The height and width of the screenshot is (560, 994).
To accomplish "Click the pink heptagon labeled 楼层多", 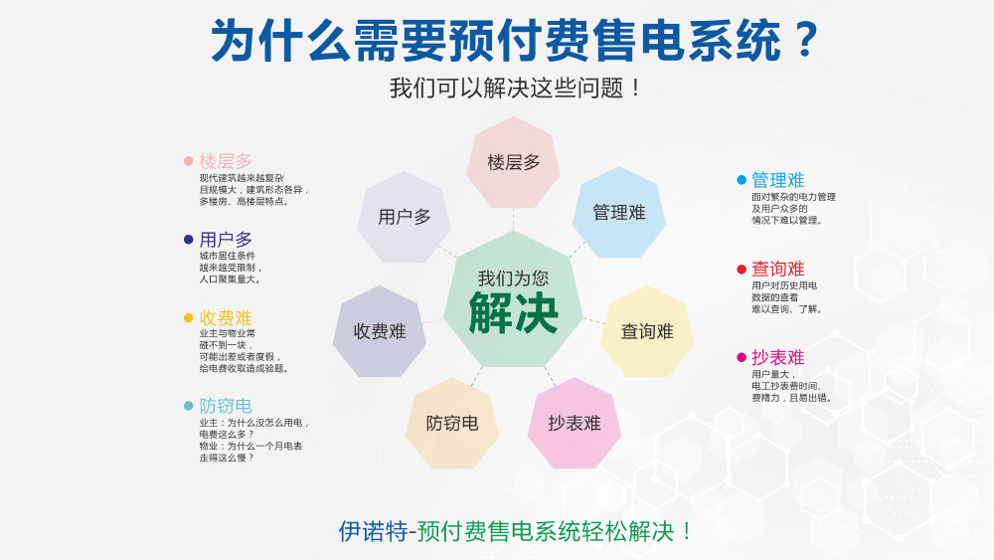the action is pyautogui.click(x=514, y=162).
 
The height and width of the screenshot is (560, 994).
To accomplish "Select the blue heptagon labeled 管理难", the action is pyautogui.click(x=618, y=213).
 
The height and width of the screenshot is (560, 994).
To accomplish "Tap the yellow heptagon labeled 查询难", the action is pyautogui.click(x=647, y=331).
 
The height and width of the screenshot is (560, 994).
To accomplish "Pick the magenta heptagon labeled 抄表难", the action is pyautogui.click(x=575, y=423).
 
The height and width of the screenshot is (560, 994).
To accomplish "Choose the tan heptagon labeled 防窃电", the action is pyautogui.click(x=452, y=423).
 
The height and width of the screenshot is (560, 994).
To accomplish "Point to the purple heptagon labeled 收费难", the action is pyautogui.click(x=380, y=331).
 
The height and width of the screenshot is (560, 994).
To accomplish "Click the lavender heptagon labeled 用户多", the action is pyautogui.click(x=404, y=217).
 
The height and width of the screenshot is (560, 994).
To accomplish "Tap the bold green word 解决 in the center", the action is pyautogui.click(x=514, y=312).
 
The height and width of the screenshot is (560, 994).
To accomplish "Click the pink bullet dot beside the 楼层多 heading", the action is pyautogui.click(x=188, y=161).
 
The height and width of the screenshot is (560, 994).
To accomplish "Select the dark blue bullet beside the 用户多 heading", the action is pyautogui.click(x=188, y=240).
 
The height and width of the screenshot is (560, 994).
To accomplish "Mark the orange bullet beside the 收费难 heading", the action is pyautogui.click(x=188, y=317).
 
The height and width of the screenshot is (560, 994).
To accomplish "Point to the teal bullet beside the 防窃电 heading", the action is pyautogui.click(x=188, y=406).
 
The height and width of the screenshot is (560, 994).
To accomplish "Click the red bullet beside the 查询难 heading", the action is pyautogui.click(x=742, y=270).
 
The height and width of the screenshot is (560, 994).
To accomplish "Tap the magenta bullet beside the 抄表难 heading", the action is pyautogui.click(x=742, y=358).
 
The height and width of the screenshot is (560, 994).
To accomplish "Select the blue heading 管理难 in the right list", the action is pyautogui.click(x=778, y=180).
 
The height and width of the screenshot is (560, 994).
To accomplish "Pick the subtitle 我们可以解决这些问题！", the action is pyautogui.click(x=515, y=89).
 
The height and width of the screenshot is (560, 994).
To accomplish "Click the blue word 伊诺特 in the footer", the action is pyautogui.click(x=373, y=531).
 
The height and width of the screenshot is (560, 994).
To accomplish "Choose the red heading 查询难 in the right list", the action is pyautogui.click(x=778, y=269).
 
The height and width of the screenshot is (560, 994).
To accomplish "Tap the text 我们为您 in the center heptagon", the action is pyautogui.click(x=514, y=278).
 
